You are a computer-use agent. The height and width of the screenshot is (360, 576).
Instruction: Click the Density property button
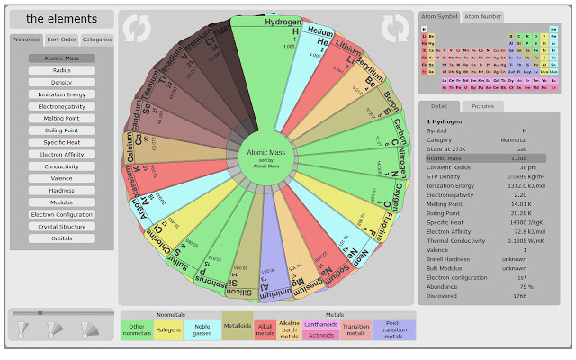pyautogui.click(x=62, y=82)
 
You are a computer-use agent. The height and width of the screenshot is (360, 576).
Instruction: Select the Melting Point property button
pyautogui.click(x=62, y=118)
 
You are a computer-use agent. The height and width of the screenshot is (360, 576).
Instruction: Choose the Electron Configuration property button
pyautogui.click(x=62, y=214)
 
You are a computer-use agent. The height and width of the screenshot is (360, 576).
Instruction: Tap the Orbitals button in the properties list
pyautogui.click(x=62, y=238)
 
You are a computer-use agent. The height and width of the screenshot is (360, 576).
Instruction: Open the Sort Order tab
pyautogui.click(x=61, y=40)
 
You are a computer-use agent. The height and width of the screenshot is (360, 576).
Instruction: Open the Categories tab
pyautogui.click(x=97, y=40)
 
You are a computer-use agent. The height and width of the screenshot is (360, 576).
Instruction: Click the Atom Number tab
pyautogui.click(x=484, y=16)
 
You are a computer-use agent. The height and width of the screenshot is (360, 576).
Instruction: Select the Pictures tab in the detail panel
pyautogui.click(x=482, y=106)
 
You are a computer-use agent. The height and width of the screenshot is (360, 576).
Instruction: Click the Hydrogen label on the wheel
pyautogui.click(x=283, y=22)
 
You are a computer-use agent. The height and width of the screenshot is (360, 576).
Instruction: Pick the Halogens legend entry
pyautogui.click(x=169, y=330)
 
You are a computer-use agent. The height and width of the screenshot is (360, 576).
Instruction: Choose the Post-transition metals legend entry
pyautogui.click(x=393, y=329)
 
